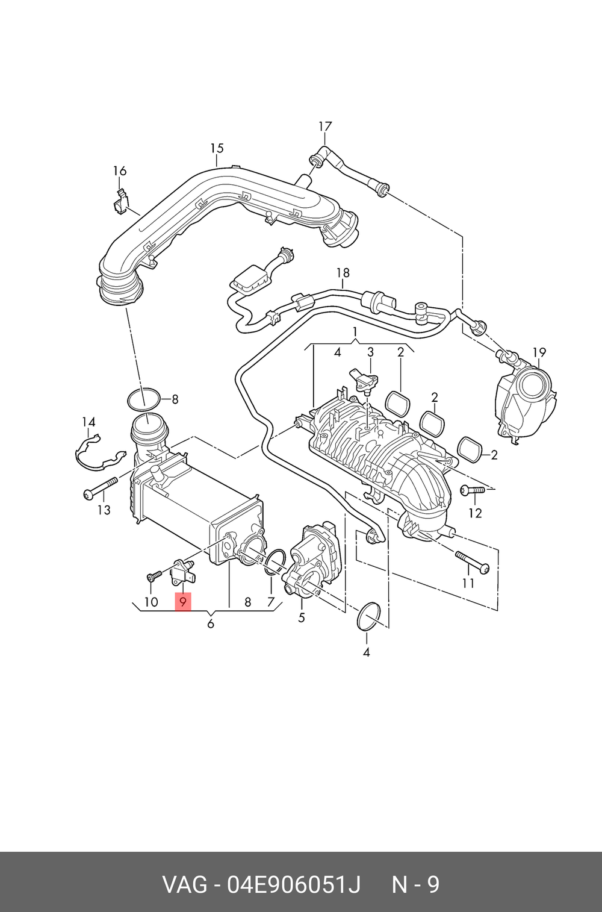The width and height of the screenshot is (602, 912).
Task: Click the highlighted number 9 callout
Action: tap(182, 602)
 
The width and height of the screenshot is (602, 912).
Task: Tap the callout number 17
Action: tap(325, 126)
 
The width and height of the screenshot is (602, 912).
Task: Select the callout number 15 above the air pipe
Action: tap(217, 148)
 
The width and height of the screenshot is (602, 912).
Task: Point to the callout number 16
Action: tap(120, 171)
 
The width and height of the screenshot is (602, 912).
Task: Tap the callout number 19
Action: tap(539, 352)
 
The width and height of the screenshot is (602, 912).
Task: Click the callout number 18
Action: tap(343, 272)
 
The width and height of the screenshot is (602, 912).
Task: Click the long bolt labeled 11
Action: tap(472, 562)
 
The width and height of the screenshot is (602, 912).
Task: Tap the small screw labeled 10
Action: tap(154, 575)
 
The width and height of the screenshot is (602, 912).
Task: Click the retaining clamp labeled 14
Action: tap(99, 453)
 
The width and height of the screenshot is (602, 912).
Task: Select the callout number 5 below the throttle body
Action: tap(302, 617)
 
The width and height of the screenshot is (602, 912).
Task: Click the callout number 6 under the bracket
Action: tap(210, 623)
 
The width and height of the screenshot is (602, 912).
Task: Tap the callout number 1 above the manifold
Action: tap(355, 332)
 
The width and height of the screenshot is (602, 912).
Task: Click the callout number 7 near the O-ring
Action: tap(271, 602)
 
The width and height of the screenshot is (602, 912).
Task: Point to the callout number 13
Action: tap(104, 510)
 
